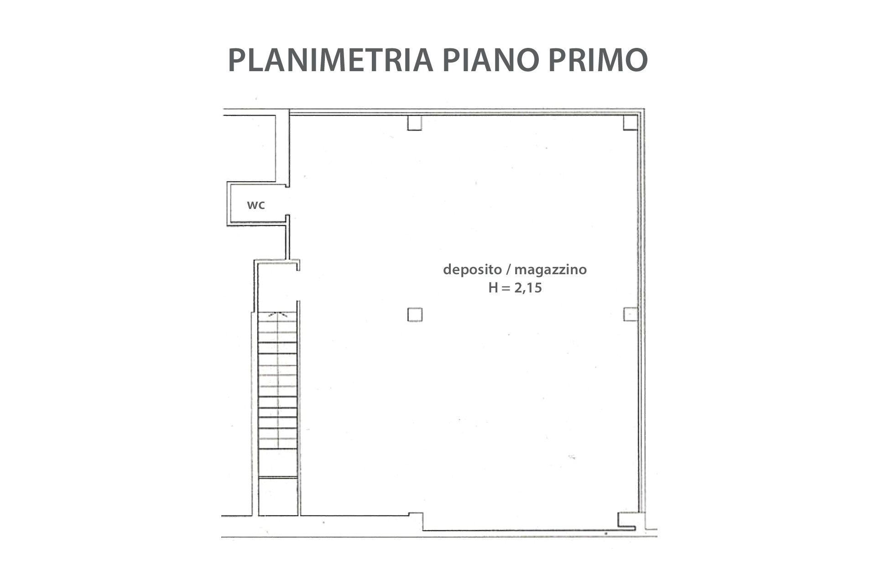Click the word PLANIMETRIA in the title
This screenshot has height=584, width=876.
coord(330,60)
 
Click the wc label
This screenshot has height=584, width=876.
coord(256,205)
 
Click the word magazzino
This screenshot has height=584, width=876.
coord(551,270)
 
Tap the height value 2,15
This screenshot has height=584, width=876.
coord(528,288)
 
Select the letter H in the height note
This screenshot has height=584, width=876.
coord(493,288)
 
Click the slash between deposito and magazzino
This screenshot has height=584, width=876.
coord(508,270)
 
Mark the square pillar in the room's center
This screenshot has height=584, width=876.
coord(415,315)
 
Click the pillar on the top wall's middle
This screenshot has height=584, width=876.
coord(415,123)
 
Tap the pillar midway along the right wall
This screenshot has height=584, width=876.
coord(630,314)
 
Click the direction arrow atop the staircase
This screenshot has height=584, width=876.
coord(278,314)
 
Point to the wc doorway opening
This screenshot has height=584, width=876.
coord(287,201)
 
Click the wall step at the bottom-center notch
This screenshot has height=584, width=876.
coord(416,521)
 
